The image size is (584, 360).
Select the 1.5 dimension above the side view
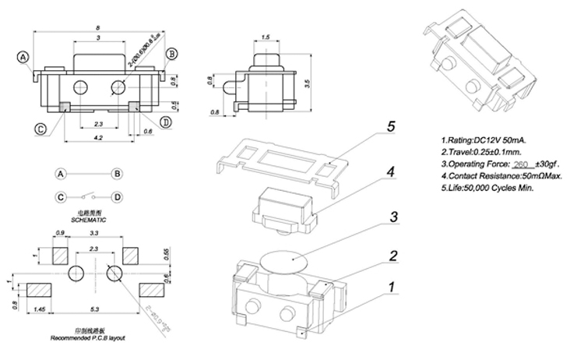click(266, 37)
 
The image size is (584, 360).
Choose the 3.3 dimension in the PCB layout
click(95, 233)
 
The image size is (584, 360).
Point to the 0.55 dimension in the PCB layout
click(166, 254)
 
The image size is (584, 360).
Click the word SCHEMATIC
click(86, 221)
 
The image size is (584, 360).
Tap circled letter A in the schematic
click(61, 173)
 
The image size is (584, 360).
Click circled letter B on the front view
click(173, 53)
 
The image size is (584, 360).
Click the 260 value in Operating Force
click(522, 164)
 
